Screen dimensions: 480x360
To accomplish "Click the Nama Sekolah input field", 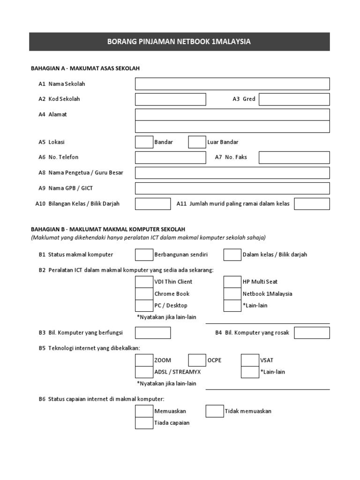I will (x=232, y=84).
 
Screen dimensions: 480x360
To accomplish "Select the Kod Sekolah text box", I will (x=170, y=99).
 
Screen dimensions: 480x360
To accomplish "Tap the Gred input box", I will (x=294, y=99).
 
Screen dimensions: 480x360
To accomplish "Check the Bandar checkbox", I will (x=144, y=142).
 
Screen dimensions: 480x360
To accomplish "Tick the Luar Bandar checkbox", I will (x=197, y=142).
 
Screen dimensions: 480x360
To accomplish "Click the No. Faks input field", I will (x=294, y=157).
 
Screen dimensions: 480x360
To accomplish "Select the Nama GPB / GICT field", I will (x=232, y=188).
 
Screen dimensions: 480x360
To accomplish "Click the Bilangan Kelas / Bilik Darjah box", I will (x=153, y=204).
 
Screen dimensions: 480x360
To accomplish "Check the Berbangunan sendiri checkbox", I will (x=144, y=255).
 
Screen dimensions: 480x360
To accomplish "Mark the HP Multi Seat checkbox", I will (x=232, y=282).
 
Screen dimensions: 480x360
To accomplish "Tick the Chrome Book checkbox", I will (x=144, y=294).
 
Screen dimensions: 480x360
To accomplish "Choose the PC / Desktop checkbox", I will (x=144, y=306).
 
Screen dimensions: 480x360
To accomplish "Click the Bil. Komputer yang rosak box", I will (x=312, y=333).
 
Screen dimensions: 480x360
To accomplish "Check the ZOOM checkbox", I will (x=144, y=360).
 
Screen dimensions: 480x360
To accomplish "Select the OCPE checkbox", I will (x=197, y=360).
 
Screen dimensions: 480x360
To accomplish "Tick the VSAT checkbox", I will (x=250, y=360).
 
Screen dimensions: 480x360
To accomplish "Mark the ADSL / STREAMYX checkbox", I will (x=144, y=372).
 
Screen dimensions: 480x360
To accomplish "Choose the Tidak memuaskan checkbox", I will (x=215, y=411).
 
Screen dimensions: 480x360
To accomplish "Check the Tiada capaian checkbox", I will (x=144, y=423).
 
